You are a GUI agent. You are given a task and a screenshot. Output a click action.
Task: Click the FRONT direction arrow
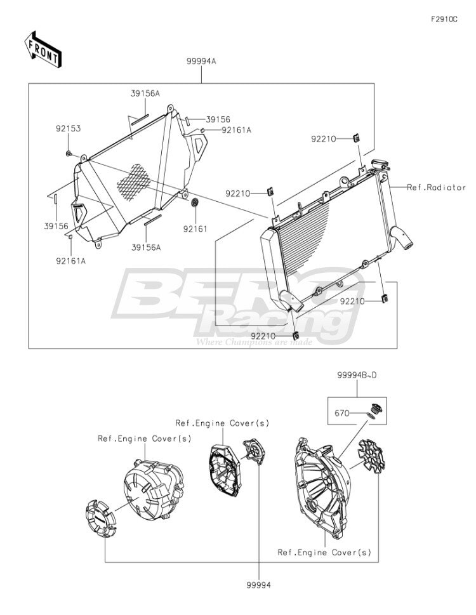pos(43,49)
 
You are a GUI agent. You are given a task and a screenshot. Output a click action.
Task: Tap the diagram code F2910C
pos(444,19)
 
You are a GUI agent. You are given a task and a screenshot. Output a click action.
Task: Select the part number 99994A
pos(201,61)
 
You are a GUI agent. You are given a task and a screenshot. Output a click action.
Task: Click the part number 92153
pos(68,128)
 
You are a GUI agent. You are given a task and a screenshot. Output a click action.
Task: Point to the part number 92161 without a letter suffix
pos(195,228)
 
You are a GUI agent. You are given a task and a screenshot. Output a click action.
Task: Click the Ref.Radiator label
pos(436,187)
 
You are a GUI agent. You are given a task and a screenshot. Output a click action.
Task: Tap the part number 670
pos(342,413)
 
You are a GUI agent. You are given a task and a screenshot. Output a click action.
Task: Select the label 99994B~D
pos(357,375)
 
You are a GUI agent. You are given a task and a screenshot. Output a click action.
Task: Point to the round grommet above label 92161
pos(195,202)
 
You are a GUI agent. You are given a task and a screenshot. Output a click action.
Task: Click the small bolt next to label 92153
pos(69,153)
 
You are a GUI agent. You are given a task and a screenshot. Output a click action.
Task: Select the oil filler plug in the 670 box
pos(376,408)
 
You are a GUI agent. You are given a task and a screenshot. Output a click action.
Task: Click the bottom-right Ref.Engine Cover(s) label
pos(324,552)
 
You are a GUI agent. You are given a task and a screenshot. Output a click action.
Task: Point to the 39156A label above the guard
pos(145,93)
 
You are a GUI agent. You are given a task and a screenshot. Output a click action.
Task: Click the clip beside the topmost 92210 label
pos(357,138)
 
